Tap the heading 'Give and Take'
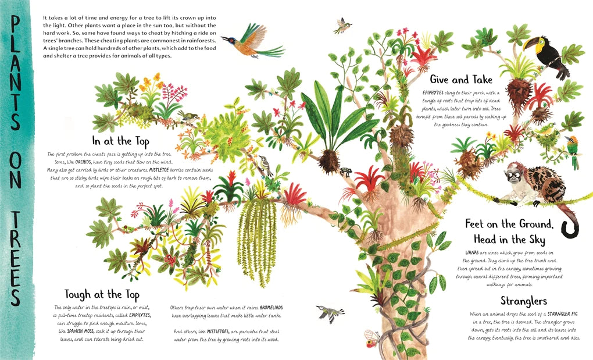click(461, 80)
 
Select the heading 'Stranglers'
click(524, 301)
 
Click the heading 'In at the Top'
click(121, 141)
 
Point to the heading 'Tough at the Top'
click(102, 294)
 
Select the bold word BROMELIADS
click(271, 308)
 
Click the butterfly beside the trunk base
click(371, 339)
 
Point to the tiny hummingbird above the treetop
click(342, 25)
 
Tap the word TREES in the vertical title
click(16, 258)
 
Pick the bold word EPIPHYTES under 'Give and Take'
click(433, 92)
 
